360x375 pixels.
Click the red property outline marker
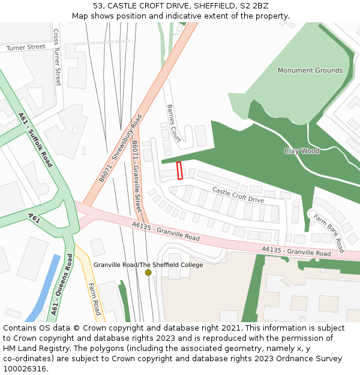[179, 170]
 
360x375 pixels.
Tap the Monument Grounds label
[310, 70]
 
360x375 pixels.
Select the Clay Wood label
[302, 151]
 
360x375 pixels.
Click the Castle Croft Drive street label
[238, 195]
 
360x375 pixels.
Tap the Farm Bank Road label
[328, 233]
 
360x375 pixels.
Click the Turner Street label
[26, 47]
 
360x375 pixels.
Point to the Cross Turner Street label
[57, 58]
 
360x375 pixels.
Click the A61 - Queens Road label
[62, 284]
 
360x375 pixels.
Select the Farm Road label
[94, 299]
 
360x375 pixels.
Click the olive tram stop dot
[148, 272]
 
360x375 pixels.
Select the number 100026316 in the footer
[26, 368]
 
